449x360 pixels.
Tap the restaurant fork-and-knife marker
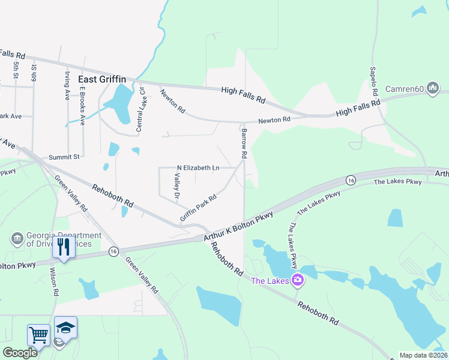[63, 246]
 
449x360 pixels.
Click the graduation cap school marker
[65, 327]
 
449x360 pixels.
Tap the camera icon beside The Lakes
[297, 280]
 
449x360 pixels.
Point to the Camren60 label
[405, 89]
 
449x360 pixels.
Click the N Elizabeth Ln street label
[197, 168]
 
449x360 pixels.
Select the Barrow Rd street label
[244, 143]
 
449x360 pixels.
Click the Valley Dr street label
[177, 186]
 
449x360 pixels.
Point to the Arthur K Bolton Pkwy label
[238, 225]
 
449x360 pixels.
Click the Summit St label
[64, 157]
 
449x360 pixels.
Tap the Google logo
[19, 353]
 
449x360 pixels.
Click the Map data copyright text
[423, 355]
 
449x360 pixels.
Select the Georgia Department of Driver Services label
[59, 239]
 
